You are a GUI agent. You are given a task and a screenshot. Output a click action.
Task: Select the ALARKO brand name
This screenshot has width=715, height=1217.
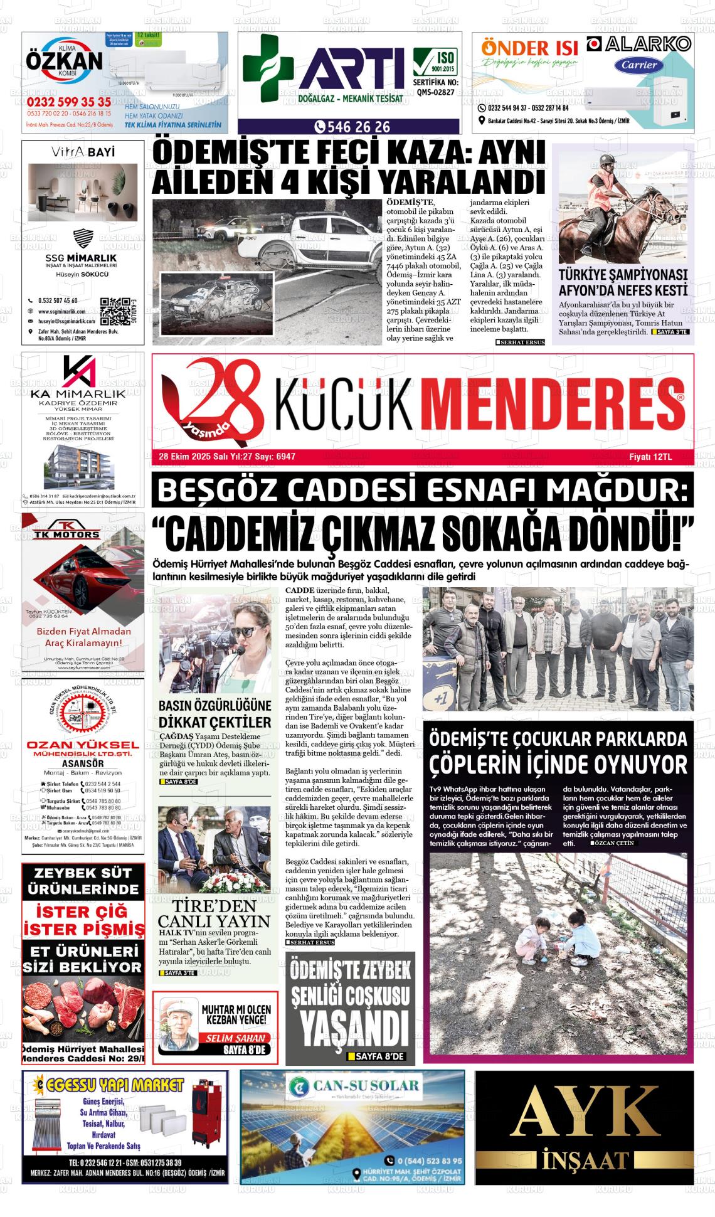click(x=638, y=43)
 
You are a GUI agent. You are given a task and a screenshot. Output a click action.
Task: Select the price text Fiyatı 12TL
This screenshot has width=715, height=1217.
click(x=650, y=457)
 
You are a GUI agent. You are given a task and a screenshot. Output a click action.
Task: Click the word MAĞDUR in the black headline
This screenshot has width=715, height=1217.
click(x=616, y=491)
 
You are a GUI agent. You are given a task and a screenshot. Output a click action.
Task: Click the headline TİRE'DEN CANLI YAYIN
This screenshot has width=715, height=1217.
click(x=214, y=913)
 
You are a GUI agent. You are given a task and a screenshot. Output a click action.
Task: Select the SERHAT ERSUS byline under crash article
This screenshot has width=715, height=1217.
click(x=520, y=342)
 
